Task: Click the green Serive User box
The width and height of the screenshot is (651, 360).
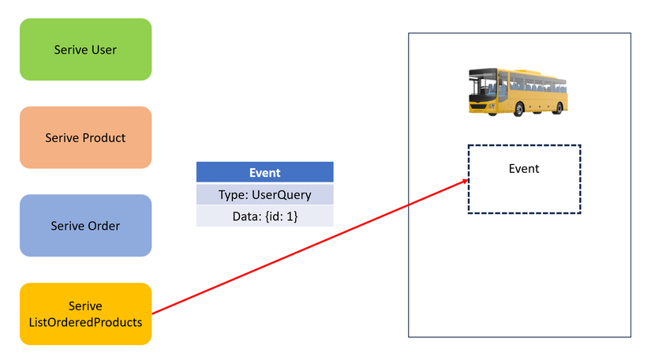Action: (85, 50)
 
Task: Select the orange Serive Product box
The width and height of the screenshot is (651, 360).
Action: (85, 137)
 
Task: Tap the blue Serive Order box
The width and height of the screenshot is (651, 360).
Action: (85, 226)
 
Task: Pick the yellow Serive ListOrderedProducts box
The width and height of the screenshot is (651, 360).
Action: (85, 314)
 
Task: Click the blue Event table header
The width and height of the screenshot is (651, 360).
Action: (265, 172)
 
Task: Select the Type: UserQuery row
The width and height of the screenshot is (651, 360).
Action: (265, 194)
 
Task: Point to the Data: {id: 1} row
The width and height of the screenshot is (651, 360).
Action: (265, 216)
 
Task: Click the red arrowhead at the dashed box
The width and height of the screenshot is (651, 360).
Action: (466, 181)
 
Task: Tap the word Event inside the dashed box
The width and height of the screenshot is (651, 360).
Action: (524, 169)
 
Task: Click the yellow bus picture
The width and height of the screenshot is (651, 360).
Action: (518, 92)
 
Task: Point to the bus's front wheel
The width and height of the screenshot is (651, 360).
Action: (518, 109)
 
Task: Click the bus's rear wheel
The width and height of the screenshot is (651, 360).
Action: (559, 108)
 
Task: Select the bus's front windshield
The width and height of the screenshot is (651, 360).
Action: (483, 86)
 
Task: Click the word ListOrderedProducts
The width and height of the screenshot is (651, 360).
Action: (85, 322)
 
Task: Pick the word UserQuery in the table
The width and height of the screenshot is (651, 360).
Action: (282, 195)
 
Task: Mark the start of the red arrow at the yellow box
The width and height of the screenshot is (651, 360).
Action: (152, 313)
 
